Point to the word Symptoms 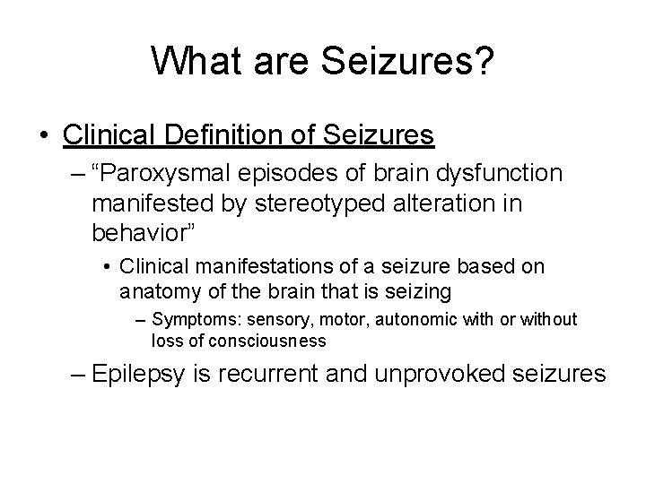tap(188, 320)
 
